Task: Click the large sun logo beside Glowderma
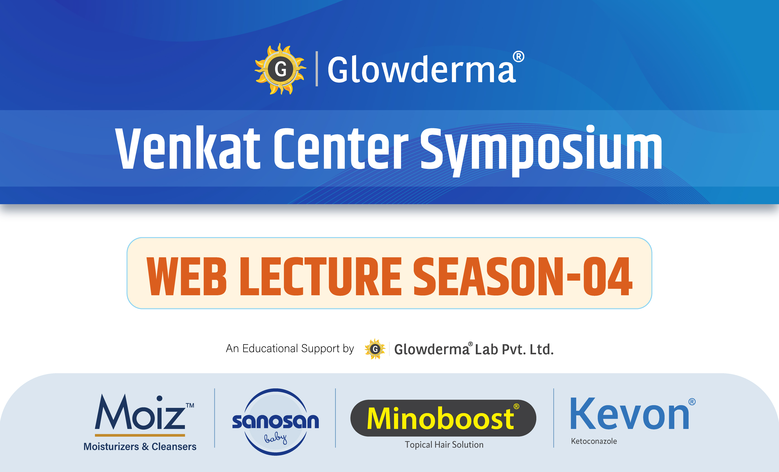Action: point(280,69)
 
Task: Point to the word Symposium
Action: point(541,149)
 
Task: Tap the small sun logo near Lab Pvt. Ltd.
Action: point(375,349)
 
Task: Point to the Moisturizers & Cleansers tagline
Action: point(140,446)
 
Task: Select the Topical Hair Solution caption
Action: point(444,445)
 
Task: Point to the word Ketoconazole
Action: point(594,441)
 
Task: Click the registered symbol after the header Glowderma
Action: point(518,57)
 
